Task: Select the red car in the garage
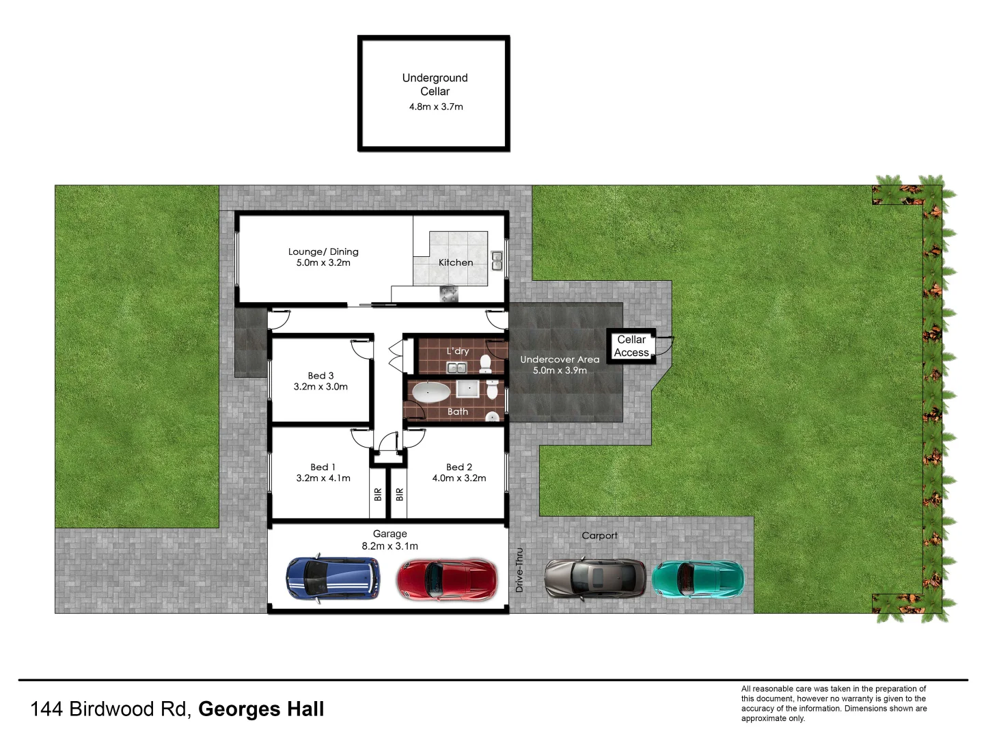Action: click(x=448, y=579)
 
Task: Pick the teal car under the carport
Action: click(x=698, y=578)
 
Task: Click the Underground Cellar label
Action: click(x=435, y=85)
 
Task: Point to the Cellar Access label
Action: click(x=631, y=346)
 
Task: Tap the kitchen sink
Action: click(x=497, y=261)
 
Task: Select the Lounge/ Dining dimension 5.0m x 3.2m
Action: click(x=323, y=263)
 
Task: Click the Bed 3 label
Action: click(x=320, y=376)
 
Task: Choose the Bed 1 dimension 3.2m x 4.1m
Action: click(x=323, y=478)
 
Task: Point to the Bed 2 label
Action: click(x=459, y=467)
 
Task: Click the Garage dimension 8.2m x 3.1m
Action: click(x=389, y=546)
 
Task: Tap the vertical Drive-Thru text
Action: click(x=519, y=570)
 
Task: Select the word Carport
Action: click(x=599, y=536)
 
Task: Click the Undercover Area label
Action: click(x=560, y=359)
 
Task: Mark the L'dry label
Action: click(x=458, y=351)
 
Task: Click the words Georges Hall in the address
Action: click(x=261, y=709)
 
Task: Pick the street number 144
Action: click(x=47, y=709)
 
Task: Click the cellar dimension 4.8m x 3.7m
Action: click(x=436, y=107)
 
